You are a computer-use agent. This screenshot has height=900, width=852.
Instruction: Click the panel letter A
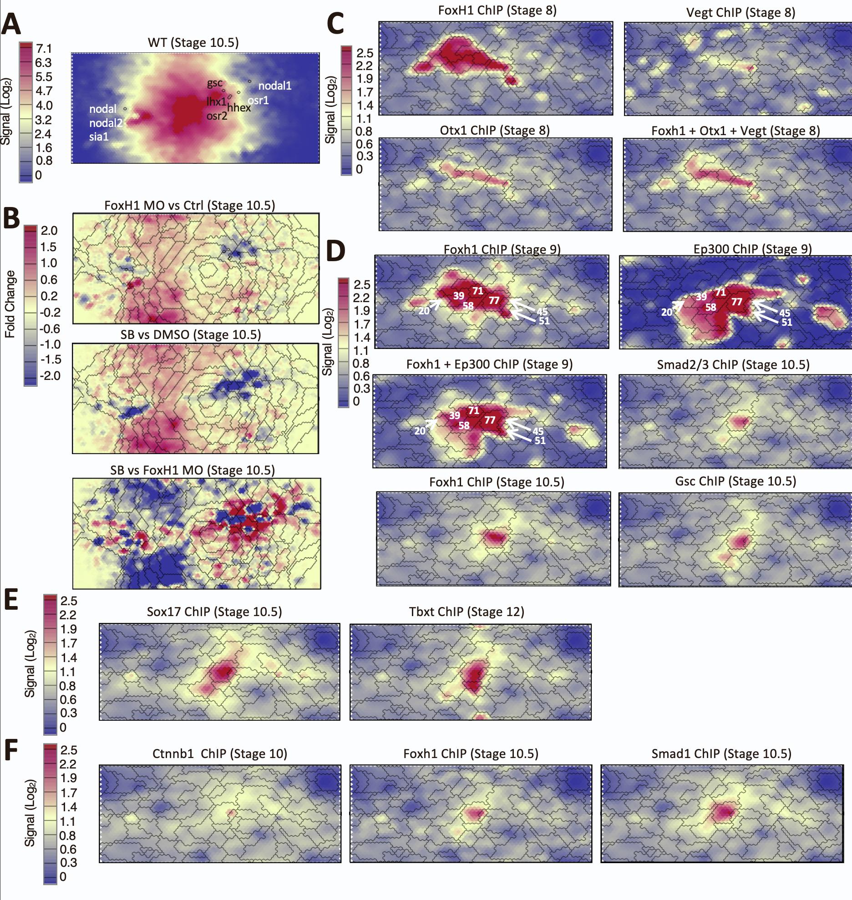coord(11,25)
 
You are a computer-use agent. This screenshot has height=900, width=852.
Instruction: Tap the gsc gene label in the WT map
coord(215,83)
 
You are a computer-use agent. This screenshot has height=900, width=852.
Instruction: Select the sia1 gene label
coord(99,136)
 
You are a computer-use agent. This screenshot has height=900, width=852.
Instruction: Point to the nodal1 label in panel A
coord(275,86)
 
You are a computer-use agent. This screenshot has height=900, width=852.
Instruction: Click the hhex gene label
coord(239,108)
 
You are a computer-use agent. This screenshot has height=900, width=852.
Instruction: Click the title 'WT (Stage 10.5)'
coord(193,43)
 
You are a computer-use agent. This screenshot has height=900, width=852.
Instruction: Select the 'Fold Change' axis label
coord(10,303)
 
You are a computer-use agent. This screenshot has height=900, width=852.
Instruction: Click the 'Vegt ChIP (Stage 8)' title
coord(740,12)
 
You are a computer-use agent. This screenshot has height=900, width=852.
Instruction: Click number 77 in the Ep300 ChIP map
coord(736,302)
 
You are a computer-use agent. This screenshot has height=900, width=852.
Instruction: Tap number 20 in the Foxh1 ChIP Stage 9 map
coord(424,311)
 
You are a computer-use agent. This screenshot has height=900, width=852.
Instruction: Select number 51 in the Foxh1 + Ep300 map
coord(540,440)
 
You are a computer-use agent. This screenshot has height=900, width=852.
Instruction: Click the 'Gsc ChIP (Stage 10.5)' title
coord(735,481)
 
